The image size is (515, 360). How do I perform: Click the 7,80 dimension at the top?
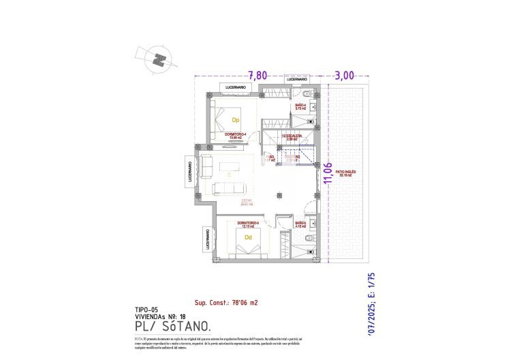click(257, 75)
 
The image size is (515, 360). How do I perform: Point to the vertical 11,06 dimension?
click(328, 173)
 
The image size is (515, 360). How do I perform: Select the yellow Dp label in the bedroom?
click(235, 120)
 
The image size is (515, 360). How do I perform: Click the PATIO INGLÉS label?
click(346, 173)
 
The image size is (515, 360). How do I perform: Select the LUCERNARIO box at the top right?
click(298, 79)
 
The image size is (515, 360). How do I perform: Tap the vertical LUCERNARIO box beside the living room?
click(189, 173)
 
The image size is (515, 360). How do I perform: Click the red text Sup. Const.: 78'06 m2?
click(227, 301)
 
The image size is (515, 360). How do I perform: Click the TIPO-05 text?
click(148, 310)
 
